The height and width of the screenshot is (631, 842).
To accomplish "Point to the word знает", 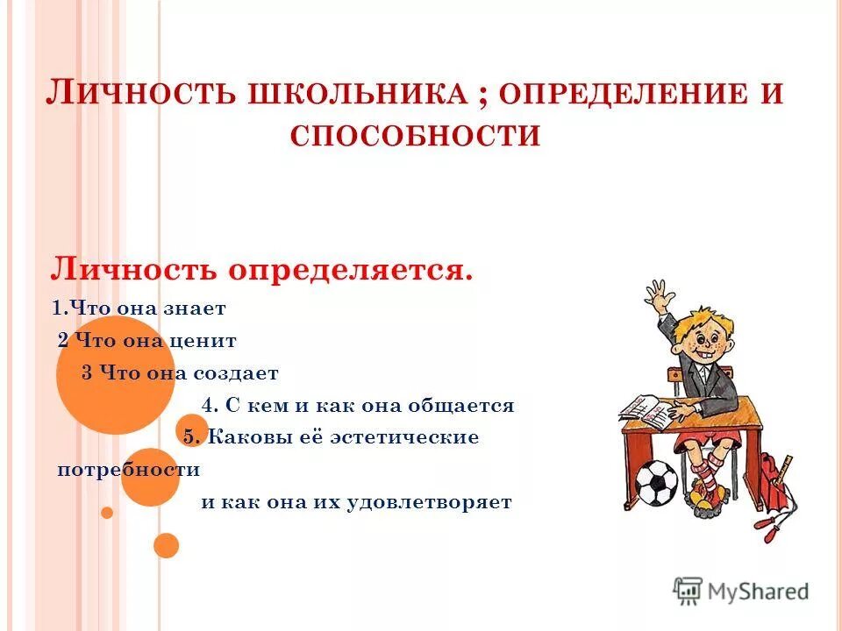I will click(197, 308).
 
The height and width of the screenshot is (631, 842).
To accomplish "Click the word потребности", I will click(128, 470).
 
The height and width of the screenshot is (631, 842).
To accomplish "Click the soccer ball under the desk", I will click(656, 484).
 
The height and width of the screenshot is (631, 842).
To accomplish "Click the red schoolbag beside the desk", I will click(773, 487).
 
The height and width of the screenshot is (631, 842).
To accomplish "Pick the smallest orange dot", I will click(107, 513).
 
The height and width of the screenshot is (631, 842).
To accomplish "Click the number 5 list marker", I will click(190, 437).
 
